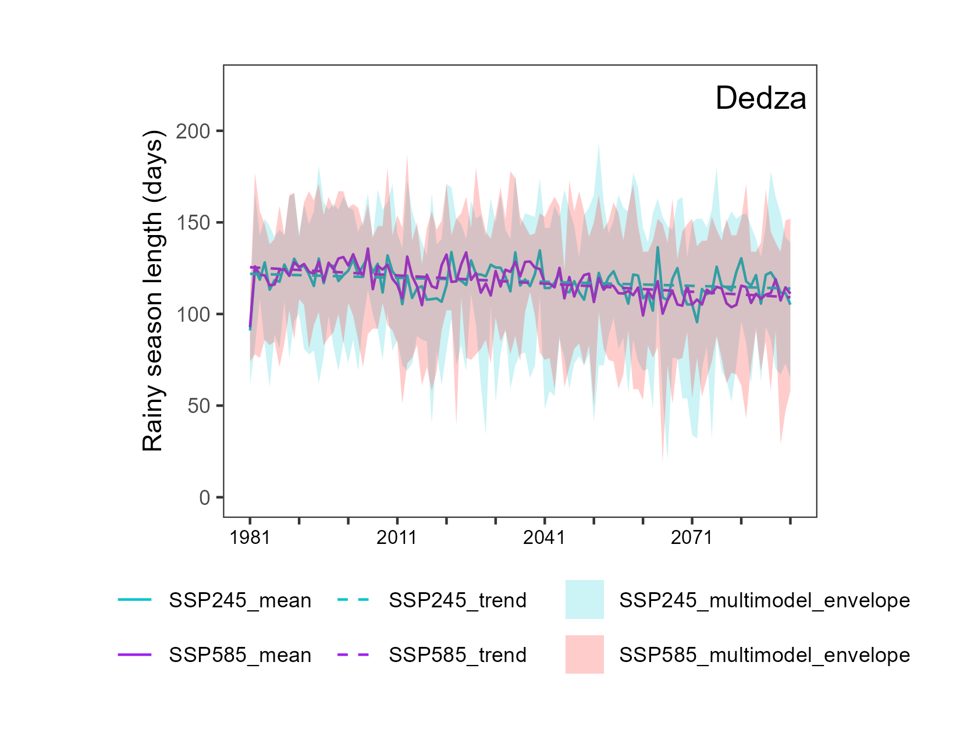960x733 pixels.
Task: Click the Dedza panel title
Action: tap(760, 98)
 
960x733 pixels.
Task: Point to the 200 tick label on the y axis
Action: tap(193, 131)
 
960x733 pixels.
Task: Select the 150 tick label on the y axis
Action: tap(193, 223)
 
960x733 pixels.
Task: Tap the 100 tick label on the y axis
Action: tap(193, 314)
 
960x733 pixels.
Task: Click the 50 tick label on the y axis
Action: tap(199, 406)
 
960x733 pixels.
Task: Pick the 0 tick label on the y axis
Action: tap(205, 497)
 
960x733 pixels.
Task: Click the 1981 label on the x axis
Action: tap(250, 537)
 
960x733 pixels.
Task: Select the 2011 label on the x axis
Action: tap(396, 537)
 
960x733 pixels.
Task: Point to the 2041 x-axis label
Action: tap(544, 537)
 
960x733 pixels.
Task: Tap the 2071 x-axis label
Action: tap(691, 537)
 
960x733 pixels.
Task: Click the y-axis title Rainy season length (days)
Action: tap(153, 291)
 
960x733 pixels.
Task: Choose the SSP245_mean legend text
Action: tap(240, 600)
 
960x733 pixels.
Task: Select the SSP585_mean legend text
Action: tap(240, 655)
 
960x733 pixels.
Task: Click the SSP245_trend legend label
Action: tap(457, 600)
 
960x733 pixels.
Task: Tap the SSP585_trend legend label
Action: tap(457, 655)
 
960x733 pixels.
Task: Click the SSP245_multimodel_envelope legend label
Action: tap(765, 600)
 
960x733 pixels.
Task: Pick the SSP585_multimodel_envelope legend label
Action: tap(765, 655)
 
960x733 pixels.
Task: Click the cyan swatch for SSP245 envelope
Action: tap(584, 599)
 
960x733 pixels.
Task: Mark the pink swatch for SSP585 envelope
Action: tap(584, 654)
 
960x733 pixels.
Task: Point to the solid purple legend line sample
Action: tap(134, 654)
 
